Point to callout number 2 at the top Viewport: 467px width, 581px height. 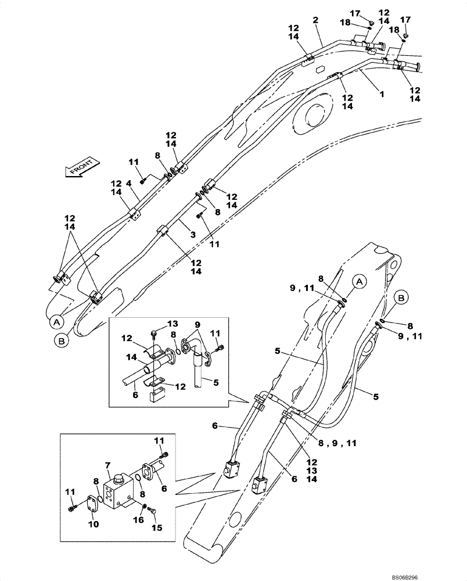315,20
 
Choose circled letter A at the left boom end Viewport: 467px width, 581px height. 56,320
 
